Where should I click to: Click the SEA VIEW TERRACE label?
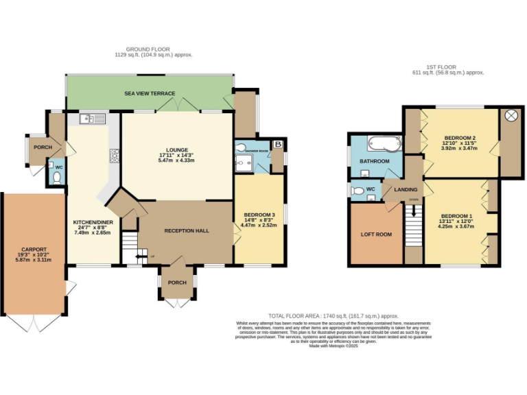150,93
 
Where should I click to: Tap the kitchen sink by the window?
91,119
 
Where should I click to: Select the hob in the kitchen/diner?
113,156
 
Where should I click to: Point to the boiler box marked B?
277,145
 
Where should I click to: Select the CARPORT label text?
34,249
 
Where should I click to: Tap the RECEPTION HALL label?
187,230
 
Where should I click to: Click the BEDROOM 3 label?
259,216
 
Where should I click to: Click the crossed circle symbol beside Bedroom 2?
511,116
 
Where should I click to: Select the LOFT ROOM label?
376,235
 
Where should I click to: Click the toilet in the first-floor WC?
357,191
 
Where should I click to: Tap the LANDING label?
406,191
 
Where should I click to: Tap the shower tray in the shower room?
244,162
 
